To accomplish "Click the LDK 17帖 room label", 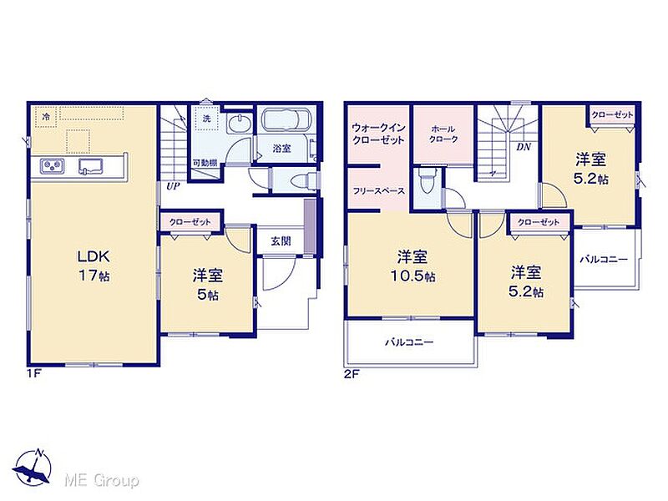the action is pyautogui.click(x=94, y=266).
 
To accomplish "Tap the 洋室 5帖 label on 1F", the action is pyautogui.click(x=207, y=285).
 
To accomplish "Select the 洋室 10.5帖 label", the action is pyautogui.click(x=412, y=266).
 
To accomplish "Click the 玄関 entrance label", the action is pyautogui.click(x=281, y=241).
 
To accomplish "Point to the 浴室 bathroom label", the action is pyautogui.click(x=281, y=149).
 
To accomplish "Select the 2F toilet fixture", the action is pyautogui.click(x=426, y=180).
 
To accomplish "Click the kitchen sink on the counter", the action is pyautogui.click(x=91, y=166).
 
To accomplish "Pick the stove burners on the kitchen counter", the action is pyautogui.click(x=53, y=166).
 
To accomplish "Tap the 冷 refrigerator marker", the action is pyautogui.click(x=46, y=116).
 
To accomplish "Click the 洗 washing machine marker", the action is pyautogui.click(x=206, y=119).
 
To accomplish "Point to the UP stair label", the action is pyautogui.click(x=173, y=186).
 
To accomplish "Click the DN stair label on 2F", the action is pyautogui.click(x=524, y=147).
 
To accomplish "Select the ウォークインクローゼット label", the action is pyautogui.click(x=378, y=134).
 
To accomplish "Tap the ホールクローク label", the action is pyautogui.click(x=443, y=134).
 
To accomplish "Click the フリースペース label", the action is pyautogui.click(x=378, y=191).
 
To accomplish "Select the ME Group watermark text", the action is pyautogui.click(x=101, y=481).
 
